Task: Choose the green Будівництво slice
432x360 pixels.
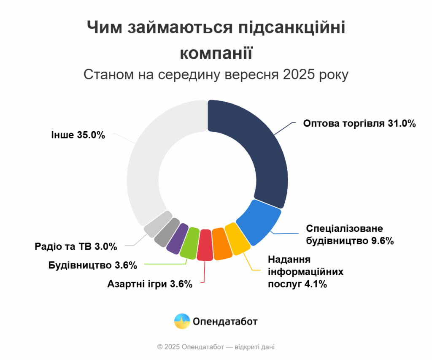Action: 190,243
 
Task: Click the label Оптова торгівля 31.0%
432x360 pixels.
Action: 359,124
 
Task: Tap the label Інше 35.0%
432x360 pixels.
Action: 78,135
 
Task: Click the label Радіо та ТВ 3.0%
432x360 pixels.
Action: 76,246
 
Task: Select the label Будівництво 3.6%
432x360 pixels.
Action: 93,265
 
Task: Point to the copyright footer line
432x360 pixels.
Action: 216,347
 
